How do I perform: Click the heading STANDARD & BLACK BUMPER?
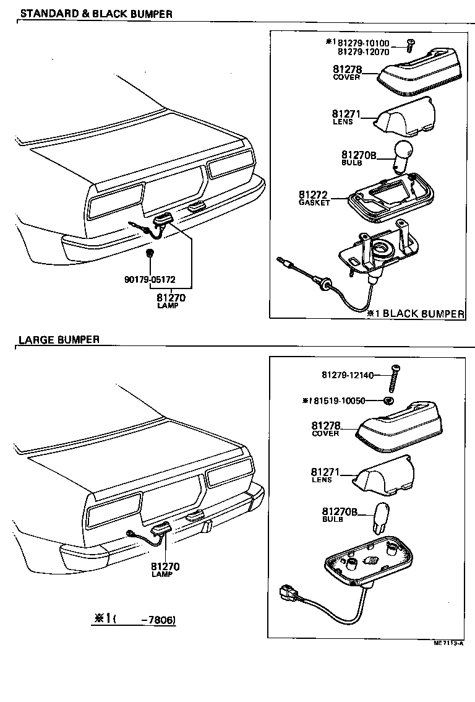[95, 14]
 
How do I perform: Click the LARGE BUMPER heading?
[59, 339]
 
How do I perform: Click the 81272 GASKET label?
[315, 197]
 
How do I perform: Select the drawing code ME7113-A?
[449, 643]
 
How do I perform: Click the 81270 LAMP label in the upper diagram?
[171, 300]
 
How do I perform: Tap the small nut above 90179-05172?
[150, 253]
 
